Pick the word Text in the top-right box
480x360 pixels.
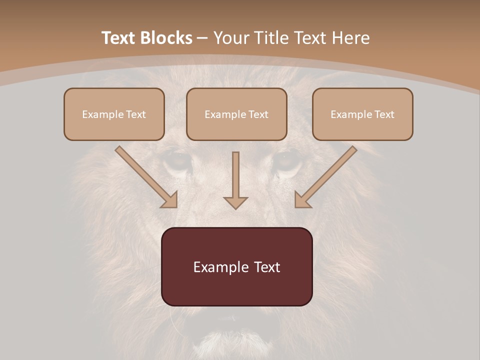point(384,114)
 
